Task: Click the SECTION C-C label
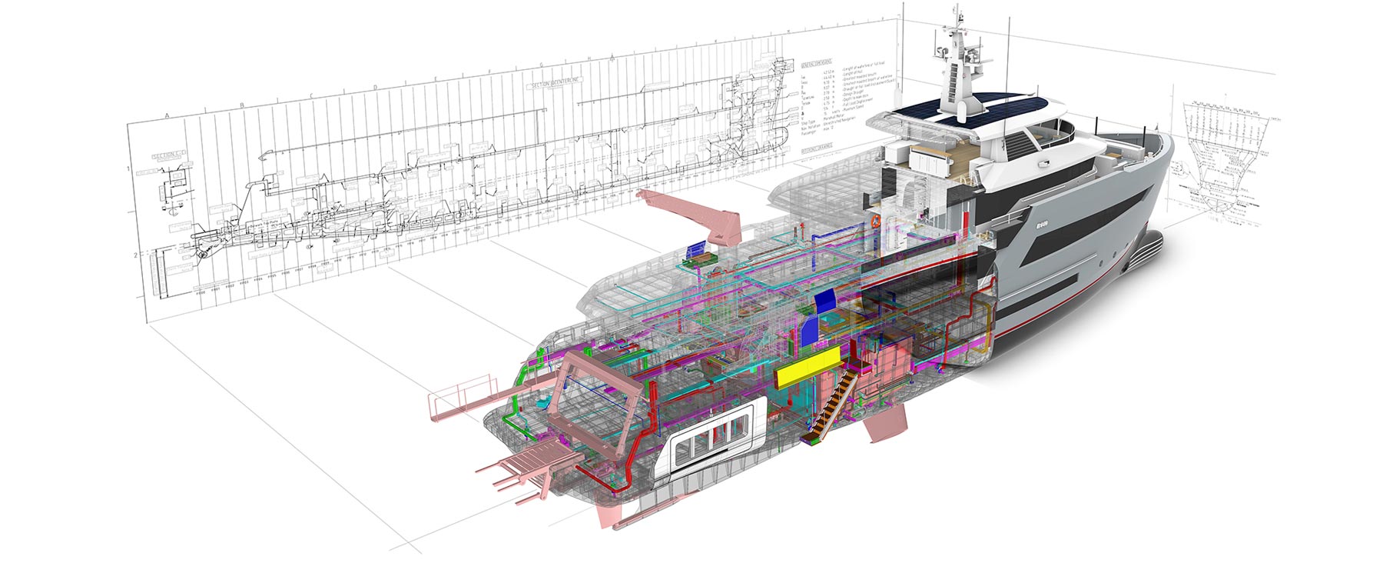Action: [165, 156]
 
